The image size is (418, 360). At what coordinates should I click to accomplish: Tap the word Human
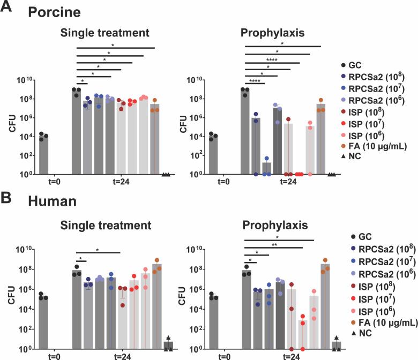[46, 201]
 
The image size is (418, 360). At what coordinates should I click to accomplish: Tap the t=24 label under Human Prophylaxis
[288, 356]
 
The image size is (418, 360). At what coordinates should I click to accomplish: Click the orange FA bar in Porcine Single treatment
[154, 139]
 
